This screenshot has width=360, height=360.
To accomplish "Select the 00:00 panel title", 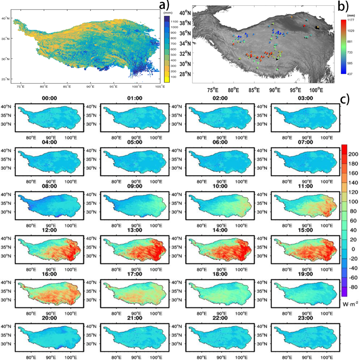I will pos(49,98).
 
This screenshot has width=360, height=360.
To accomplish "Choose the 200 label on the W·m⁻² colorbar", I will pos(353,154).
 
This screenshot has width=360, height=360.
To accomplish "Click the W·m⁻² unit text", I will pos(350,305).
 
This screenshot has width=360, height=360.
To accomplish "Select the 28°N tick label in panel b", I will pos(185,74).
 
